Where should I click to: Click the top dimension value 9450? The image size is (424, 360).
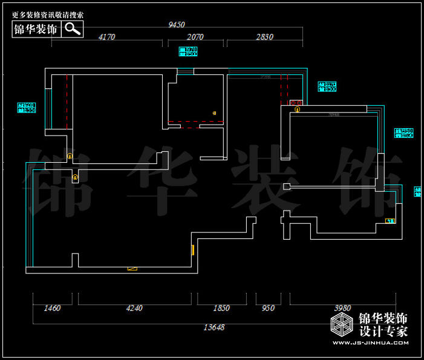coord(176,25)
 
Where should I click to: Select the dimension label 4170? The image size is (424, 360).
coord(106,37)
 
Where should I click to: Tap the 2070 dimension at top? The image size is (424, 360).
coord(195,37)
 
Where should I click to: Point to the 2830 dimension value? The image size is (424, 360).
coord(264,37)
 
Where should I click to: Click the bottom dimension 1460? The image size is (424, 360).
coord(53,308)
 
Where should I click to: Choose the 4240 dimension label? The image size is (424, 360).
coord(134,308)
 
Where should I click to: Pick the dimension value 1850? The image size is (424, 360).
coord(221,308)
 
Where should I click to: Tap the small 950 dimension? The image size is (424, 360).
coord(268,308)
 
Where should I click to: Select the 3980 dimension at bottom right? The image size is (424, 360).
coord(342,308)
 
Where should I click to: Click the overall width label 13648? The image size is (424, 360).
coord(212,327)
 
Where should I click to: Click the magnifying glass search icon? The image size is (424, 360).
coord(73,28)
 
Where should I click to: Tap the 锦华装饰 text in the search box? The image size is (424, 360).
coord(36,29)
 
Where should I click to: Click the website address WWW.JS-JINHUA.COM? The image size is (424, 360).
coord(370,344)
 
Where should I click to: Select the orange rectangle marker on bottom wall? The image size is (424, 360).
coord(132,268)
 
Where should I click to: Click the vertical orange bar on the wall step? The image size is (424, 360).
coord(193,249)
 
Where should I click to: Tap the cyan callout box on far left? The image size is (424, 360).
coord(27,108)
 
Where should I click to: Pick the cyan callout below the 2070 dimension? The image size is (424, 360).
coord(188,51)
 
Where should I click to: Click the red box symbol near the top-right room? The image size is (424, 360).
coord(296,103)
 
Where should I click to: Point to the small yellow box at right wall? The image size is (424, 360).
coord(390,221)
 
